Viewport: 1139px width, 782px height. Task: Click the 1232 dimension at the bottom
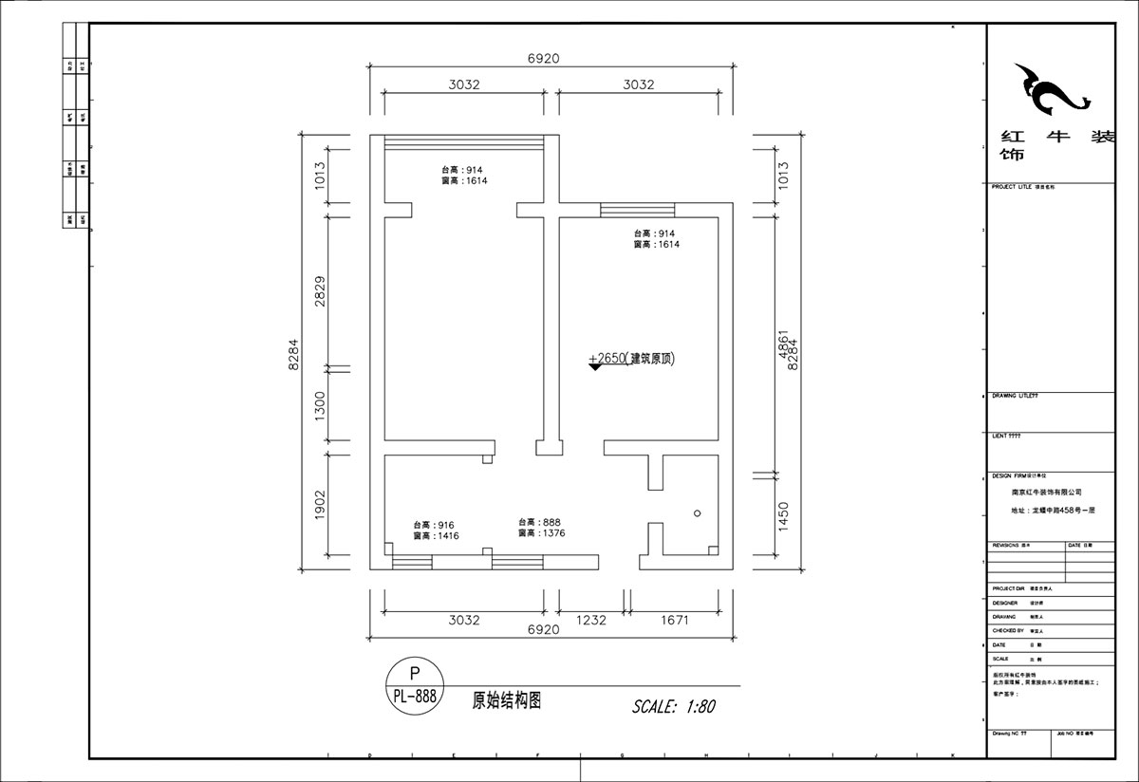590,621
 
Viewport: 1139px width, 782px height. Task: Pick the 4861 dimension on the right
783,345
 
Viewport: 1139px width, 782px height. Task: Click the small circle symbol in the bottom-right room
698,513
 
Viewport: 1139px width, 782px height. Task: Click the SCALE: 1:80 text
673,707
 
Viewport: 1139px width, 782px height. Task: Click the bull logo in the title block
1049,89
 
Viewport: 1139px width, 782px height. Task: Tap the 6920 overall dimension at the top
544,59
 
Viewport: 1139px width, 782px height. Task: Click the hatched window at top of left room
464,142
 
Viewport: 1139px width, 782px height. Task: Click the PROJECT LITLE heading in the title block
1011,187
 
